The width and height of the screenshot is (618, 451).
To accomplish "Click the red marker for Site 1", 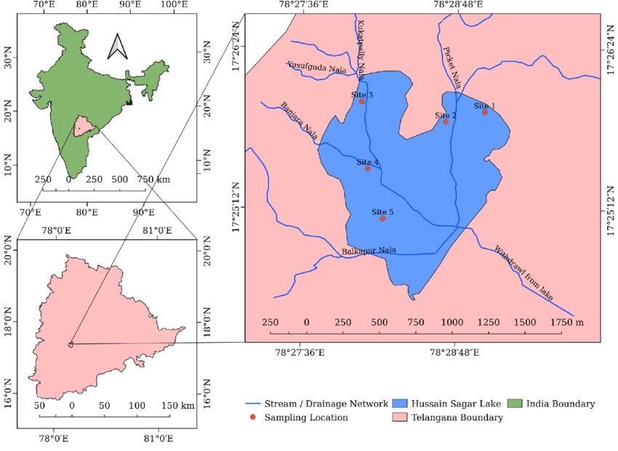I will click(x=485, y=112).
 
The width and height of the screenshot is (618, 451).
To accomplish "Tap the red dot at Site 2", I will click(x=446, y=121).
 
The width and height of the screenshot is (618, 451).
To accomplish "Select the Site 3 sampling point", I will click(x=362, y=101).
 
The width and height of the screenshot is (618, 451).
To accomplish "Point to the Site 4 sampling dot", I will click(x=368, y=169).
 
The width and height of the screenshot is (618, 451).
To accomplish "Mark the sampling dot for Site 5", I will click(x=382, y=218).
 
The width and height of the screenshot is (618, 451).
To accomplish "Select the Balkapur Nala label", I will click(x=369, y=251).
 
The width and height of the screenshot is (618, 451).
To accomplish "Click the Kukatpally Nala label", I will click(x=361, y=44).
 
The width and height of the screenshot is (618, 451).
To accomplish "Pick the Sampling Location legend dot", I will click(x=252, y=418).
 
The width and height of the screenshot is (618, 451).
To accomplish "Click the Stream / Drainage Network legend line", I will click(x=252, y=403).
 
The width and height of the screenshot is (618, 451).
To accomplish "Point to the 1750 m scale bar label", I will click(x=567, y=322).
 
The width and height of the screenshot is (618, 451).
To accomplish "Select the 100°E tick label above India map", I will click(x=174, y=6).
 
